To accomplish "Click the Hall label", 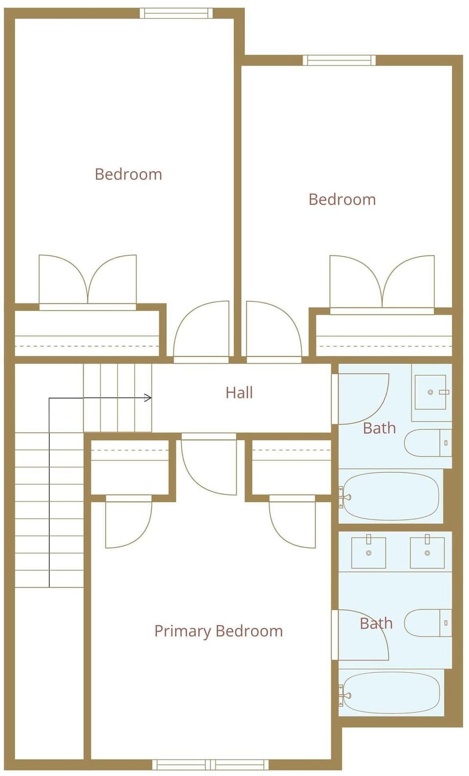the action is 239,393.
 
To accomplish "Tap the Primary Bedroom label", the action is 218,631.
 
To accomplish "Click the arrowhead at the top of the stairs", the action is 148,398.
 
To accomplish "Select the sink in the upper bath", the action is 430,392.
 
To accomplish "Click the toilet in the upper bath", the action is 428,443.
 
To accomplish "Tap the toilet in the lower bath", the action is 428,623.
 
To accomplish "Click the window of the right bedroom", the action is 339,60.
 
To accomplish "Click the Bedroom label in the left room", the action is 128,174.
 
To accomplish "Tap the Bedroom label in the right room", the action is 342,199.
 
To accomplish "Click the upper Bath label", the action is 379,428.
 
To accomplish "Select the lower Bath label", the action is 376,624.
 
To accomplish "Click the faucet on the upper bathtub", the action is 344,497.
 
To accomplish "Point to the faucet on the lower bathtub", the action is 344,694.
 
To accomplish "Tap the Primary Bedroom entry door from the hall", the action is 209,464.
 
